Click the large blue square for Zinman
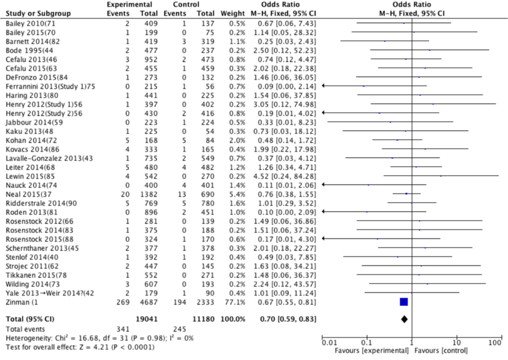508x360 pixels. pyautogui.click(x=404, y=302)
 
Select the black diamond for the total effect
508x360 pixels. pyautogui.click(x=404, y=319)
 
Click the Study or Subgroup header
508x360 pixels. pyautogui.click(x=38, y=14)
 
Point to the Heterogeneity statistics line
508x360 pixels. pyautogui.click(x=99, y=338)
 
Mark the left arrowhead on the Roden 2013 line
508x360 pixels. pyautogui.click(x=323, y=212)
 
